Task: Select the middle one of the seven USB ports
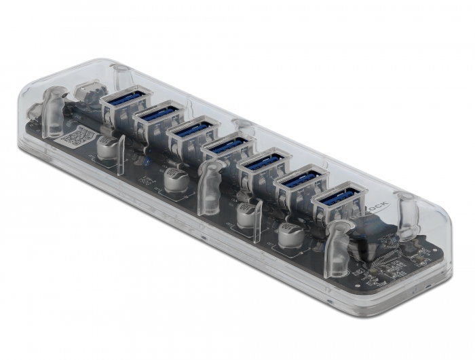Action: pos(228,147)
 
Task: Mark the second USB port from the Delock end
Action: pos(301,181)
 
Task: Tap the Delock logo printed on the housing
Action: pos(377,204)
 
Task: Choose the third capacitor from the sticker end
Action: pos(246,215)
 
